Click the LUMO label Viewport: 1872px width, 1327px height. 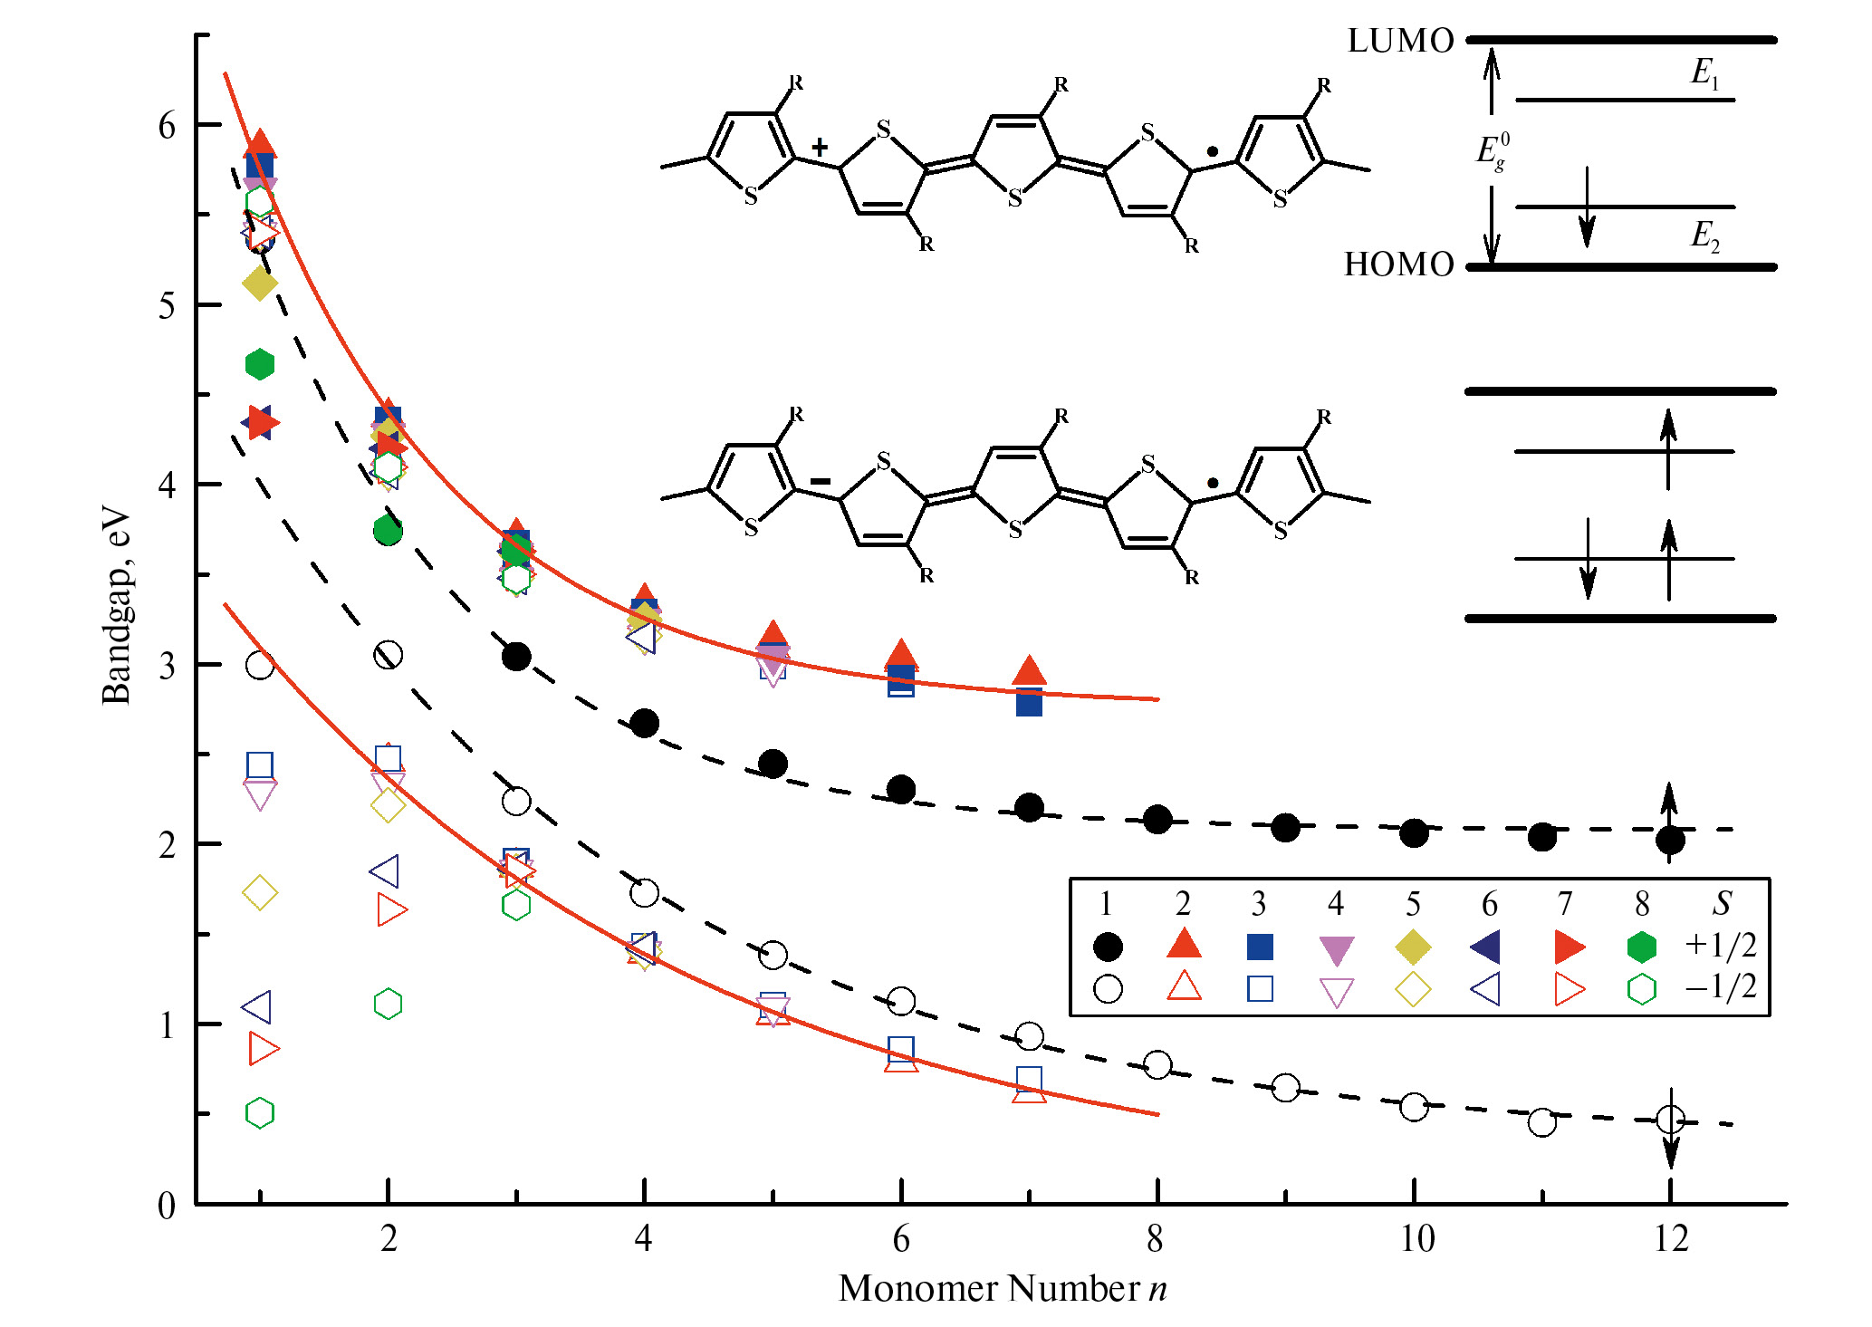click(x=1399, y=41)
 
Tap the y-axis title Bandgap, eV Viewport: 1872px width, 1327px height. click(x=117, y=605)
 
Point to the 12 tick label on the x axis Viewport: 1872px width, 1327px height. click(x=1670, y=1238)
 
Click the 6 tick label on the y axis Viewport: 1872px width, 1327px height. click(x=167, y=126)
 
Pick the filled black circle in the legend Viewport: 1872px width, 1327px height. click(x=1108, y=947)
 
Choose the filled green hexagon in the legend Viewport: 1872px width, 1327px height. click(x=1641, y=947)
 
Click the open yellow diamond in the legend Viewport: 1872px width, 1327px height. click(x=1413, y=989)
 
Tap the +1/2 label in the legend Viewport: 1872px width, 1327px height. click(x=1721, y=945)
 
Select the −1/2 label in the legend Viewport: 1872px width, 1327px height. click(x=1721, y=986)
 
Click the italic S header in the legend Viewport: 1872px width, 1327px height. click(x=1721, y=903)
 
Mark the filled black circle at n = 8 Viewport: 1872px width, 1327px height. click(x=1157, y=820)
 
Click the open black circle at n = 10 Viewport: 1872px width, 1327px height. click(x=1414, y=1106)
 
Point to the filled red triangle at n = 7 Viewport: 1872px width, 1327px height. click(x=1029, y=671)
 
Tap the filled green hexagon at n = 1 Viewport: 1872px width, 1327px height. click(x=260, y=364)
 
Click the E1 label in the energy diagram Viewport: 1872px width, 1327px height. click(x=1704, y=72)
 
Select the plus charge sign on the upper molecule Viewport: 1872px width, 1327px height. click(x=820, y=147)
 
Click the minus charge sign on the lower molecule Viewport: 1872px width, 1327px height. click(x=820, y=481)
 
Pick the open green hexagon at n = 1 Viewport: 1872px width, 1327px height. click(x=260, y=1112)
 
